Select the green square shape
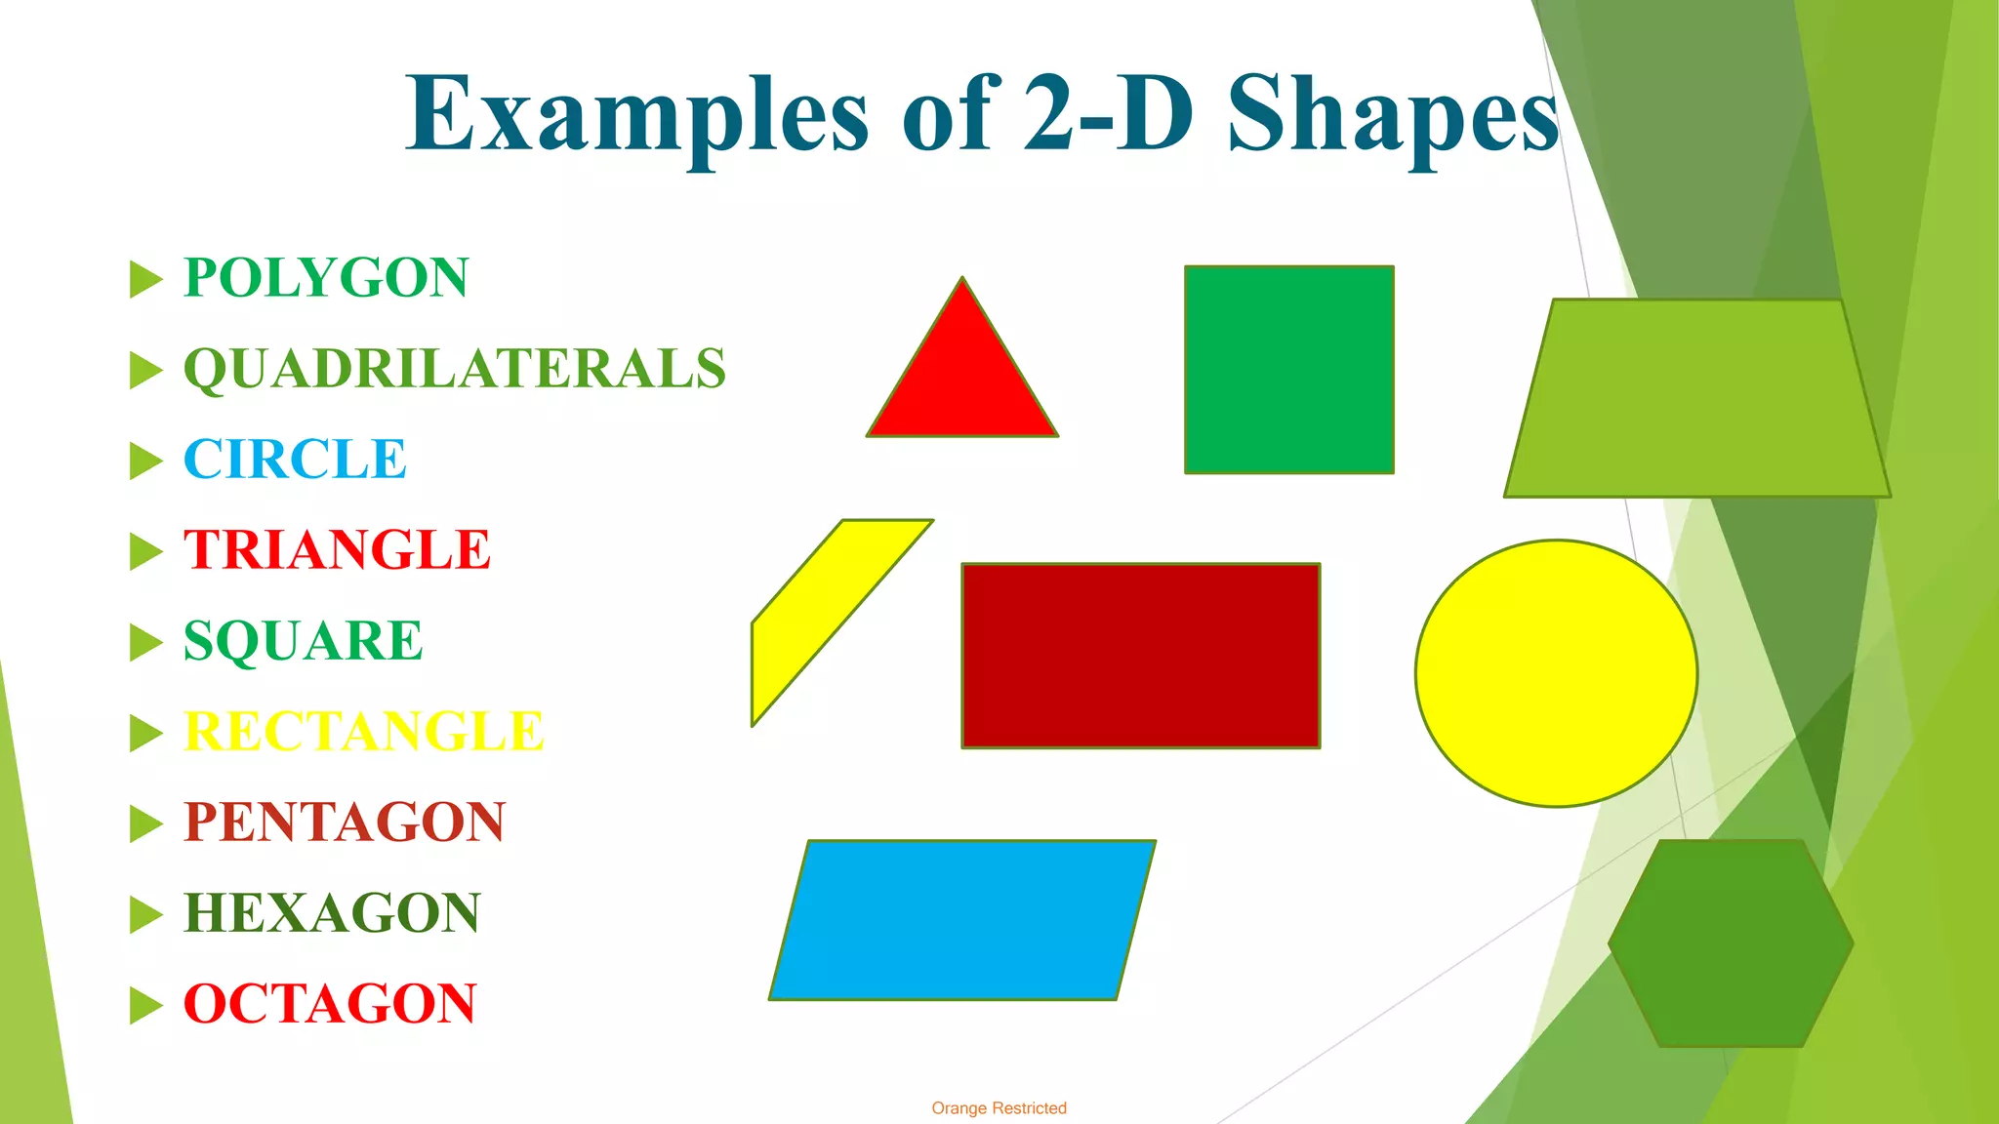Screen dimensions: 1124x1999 (x=1288, y=370)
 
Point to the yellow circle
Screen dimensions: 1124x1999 (x=1556, y=673)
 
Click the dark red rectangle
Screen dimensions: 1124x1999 (x=1140, y=656)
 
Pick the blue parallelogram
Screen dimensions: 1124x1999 (x=962, y=920)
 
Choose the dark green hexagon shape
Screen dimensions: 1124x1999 (x=1731, y=943)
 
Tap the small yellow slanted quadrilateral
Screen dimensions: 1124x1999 (x=830, y=615)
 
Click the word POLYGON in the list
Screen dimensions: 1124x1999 (x=326, y=278)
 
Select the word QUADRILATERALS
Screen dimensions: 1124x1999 (x=455, y=369)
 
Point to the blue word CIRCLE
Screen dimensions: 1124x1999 (x=295, y=460)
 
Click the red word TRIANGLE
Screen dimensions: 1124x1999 (x=337, y=549)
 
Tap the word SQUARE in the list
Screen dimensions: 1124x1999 (x=303, y=641)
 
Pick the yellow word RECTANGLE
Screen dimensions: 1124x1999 (x=363, y=732)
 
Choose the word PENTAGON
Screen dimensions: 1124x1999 (x=345, y=822)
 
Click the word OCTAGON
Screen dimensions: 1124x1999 (x=330, y=1004)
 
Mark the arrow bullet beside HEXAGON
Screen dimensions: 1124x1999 (x=145, y=914)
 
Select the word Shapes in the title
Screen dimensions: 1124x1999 (x=1393, y=115)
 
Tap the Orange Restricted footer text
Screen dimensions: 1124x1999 (x=999, y=1108)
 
